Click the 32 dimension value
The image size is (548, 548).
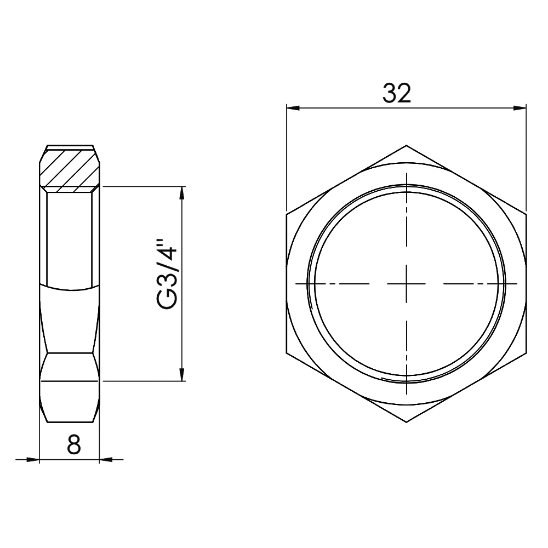397,94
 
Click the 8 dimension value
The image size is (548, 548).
73,446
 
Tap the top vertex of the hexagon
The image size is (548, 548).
407,145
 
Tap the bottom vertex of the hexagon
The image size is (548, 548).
407,423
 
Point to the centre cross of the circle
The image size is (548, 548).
407,283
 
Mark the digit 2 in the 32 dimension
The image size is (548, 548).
404,94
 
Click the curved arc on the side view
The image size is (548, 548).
70,287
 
